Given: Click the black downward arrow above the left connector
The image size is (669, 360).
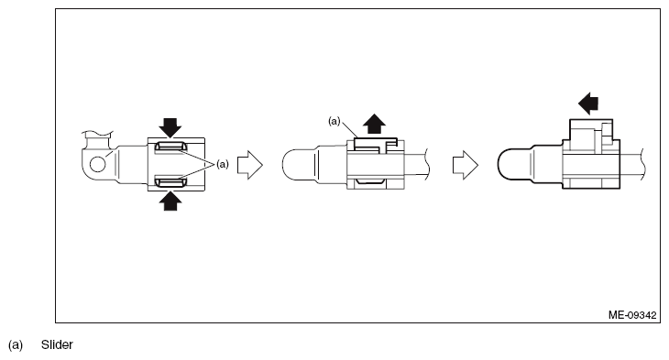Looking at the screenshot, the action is pos(170,127).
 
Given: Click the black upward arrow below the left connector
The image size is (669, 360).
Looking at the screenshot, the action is pos(170,201).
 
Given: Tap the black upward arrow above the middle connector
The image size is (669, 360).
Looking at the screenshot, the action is pos(374,124).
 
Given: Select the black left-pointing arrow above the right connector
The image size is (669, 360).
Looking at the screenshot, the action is pos(588,104).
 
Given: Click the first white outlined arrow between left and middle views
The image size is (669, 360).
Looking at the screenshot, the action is pos(249,165).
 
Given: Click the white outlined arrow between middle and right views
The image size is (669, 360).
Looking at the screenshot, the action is pos(465,165).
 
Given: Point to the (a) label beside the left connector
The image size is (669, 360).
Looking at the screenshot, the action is pos(223,164).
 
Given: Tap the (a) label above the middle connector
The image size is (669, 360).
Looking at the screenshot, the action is pos(334,122).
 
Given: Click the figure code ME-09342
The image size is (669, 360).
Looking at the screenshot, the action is pos(632,315).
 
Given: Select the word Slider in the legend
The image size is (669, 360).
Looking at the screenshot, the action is pos(57,344).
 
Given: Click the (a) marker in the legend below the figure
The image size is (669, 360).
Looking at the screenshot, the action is pos(16,345).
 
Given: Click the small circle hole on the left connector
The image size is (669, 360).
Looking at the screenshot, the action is pos(98,164).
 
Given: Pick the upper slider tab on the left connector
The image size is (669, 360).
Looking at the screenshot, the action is pos(170,147).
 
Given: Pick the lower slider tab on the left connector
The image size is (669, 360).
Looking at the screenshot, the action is pos(170,182).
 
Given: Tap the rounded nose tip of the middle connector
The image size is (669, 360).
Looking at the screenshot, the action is pos(284,164).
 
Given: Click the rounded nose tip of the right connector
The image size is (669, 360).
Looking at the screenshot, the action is pos(499,164).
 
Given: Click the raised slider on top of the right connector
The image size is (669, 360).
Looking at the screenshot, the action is pos(591,135).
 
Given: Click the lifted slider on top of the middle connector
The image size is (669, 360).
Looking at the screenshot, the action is pos(376,144).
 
